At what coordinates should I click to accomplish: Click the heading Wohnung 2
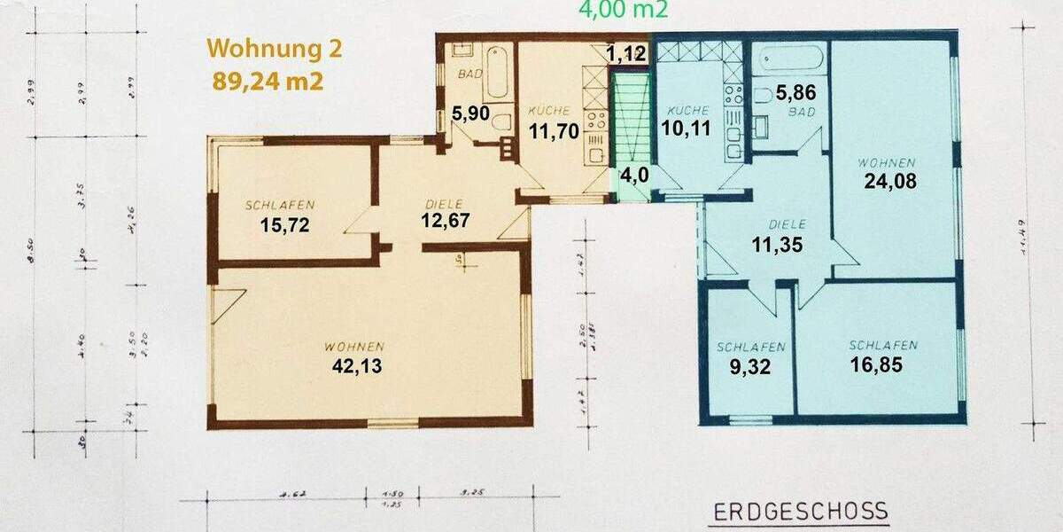(x=274, y=49)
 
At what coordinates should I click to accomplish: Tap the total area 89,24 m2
(x=268, y=81)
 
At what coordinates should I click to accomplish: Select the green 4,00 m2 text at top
(x=624, y=10)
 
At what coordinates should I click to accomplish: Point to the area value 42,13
(x=358, y=365)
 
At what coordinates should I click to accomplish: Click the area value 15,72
(x=287, y=224)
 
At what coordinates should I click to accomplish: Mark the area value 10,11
(x=687, y=129)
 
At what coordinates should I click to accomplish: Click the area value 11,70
(x=555, y=131)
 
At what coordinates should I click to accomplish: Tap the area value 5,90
(x=470, y=113)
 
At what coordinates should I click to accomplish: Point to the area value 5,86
(x=795, y=91)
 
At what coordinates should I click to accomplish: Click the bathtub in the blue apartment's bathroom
(x=794, y=59)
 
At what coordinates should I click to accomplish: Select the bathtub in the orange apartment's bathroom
(x=496, y=74)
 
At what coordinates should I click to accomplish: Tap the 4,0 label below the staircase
(x=633, y=174)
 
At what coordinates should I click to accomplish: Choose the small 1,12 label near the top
(x=626, y=54)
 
